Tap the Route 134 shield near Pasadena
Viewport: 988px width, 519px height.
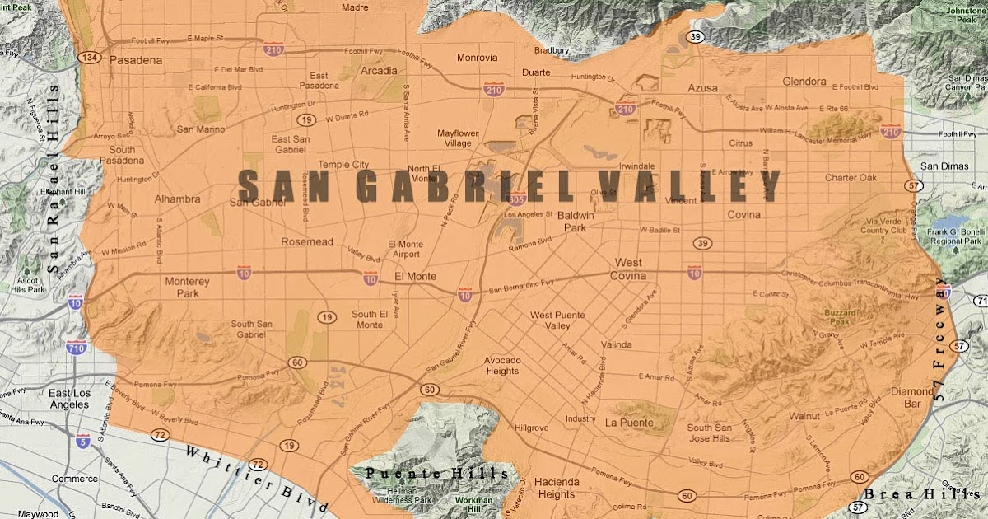click(x=86, y=57)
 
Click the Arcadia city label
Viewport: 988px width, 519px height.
click(x=379, y=72)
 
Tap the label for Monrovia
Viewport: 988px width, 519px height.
click(x=478, y=58)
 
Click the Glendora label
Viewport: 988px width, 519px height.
click(x=805, y=82)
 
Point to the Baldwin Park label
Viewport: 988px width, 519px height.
click(x=581, y=221)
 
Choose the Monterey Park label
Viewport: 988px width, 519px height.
click(x=188, y=288)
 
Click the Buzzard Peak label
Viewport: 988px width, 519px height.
click(x=841, y=318)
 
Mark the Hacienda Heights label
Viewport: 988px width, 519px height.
click(x=557, y=488)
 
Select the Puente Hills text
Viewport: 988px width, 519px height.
click(x=437, y=474)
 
